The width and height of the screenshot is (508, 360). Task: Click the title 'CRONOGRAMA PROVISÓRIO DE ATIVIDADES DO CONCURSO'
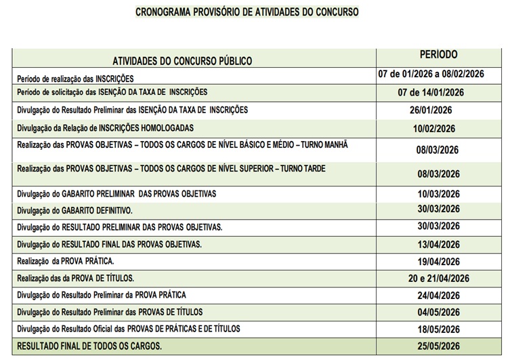pos(247,12)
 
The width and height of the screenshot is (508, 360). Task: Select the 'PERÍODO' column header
pos(438,54)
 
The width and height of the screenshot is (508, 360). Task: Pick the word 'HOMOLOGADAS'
pos(166,127)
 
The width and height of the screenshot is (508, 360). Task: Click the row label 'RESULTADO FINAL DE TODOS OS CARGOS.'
pos(89,346)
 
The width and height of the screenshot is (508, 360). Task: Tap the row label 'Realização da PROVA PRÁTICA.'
pos(65,260)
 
